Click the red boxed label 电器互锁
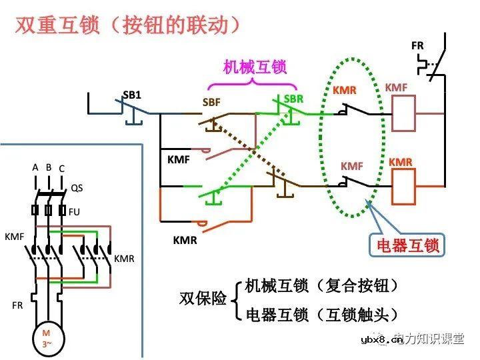pyautogui.click(x=405, y=245)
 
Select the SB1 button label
pyautogui.click(x=132, y=95)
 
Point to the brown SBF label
pyautogui.click(x=211, y=103)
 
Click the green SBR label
pyautogui.click(x=293, y=99)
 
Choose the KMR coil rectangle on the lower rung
pyautogui.click(x=403, y=187)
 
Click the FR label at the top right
pyautogui.click(x=417, y=45)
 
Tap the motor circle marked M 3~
pyautogui.click(x=46, y=338)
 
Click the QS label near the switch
pyautogui.click(x=77, y=188)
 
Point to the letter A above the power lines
pyautogui.click(x=35, y=167)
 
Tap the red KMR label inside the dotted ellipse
pyautogui.click(x=344, y=91)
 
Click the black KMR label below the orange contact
pyautogui.click(x=185, y=240)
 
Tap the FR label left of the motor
pyautogui.click(x=17, y=305)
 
